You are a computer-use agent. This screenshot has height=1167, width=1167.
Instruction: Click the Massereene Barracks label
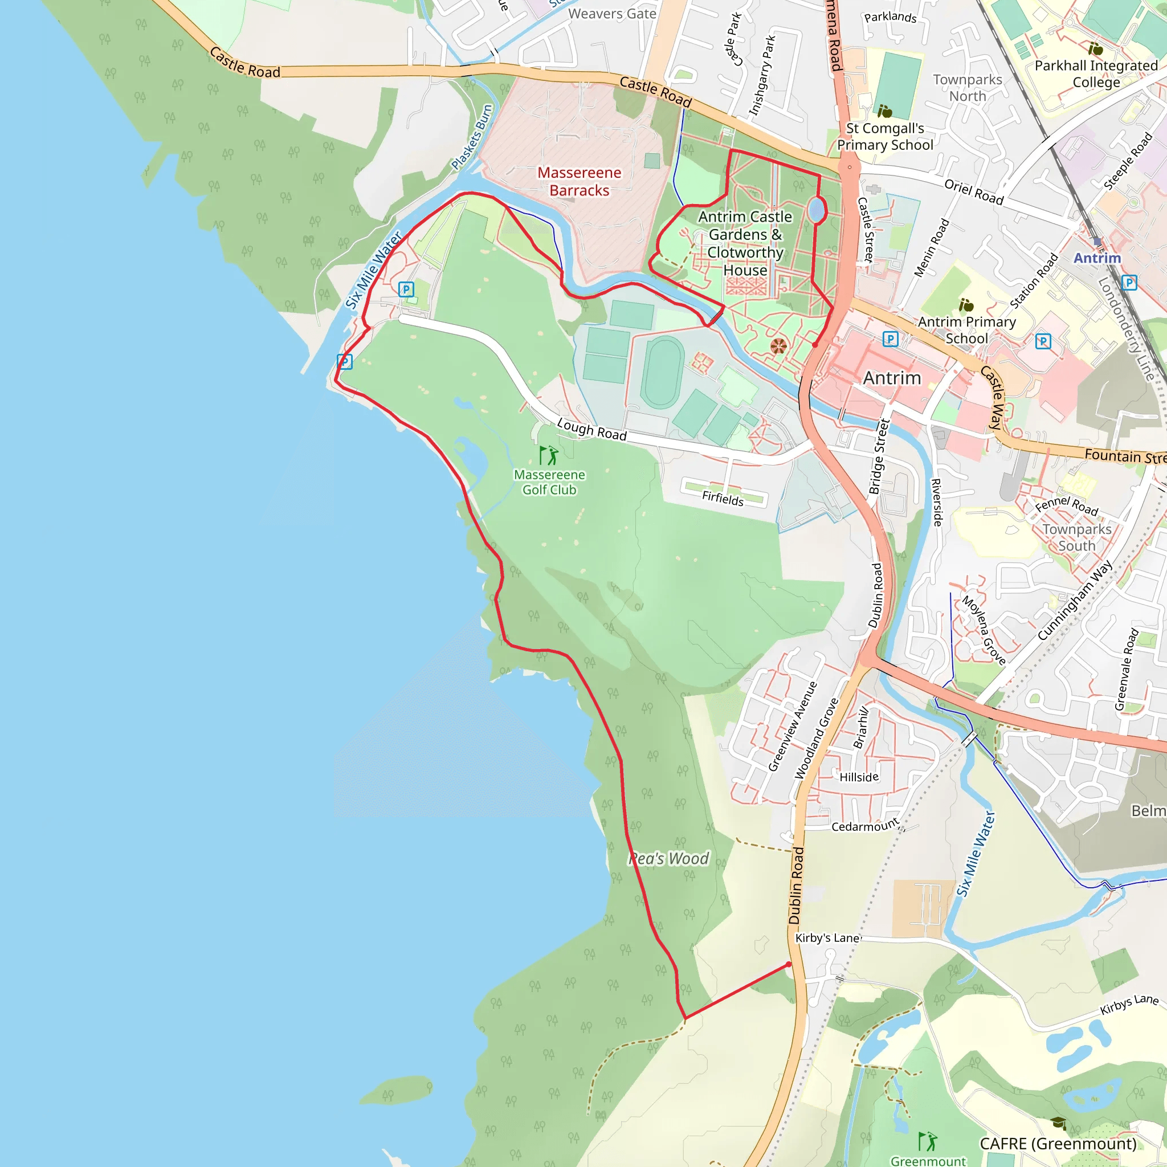pos(580,181)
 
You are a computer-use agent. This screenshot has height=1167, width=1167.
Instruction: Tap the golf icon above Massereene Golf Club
pos(549,455)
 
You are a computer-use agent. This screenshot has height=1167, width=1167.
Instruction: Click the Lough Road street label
pos(591,430)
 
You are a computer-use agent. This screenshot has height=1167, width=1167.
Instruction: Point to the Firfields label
pos(723,499)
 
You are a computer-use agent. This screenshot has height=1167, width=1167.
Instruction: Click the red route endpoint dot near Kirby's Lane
pos(788,964)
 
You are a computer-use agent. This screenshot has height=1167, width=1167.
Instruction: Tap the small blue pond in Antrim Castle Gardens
pos(817,210)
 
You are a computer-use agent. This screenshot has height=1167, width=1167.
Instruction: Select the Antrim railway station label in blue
pos(1097,258)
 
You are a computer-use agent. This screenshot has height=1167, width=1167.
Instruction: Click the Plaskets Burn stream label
pos(472,138)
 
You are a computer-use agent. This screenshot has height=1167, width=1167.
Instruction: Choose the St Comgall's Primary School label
pos(885,137)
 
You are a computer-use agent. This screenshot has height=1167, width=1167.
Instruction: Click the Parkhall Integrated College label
pos(1096,74)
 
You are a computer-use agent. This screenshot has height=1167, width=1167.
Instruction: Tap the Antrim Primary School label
pos(966,330)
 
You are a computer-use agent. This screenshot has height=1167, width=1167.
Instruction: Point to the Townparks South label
pos(1076,537)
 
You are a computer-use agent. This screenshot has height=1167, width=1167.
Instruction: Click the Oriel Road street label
pos(974,191)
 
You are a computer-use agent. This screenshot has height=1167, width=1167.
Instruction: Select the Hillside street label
pos(859,777)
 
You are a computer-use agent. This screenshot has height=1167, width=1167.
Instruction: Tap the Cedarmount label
pos(865,826)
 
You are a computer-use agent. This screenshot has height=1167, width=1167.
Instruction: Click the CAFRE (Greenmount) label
pos(1058,1144)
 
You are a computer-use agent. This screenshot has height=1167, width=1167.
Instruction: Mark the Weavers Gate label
pos(612,13)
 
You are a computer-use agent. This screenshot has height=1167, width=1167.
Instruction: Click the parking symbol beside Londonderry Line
pos(1128,282)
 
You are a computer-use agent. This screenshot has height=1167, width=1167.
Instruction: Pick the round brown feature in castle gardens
pos(778,346)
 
